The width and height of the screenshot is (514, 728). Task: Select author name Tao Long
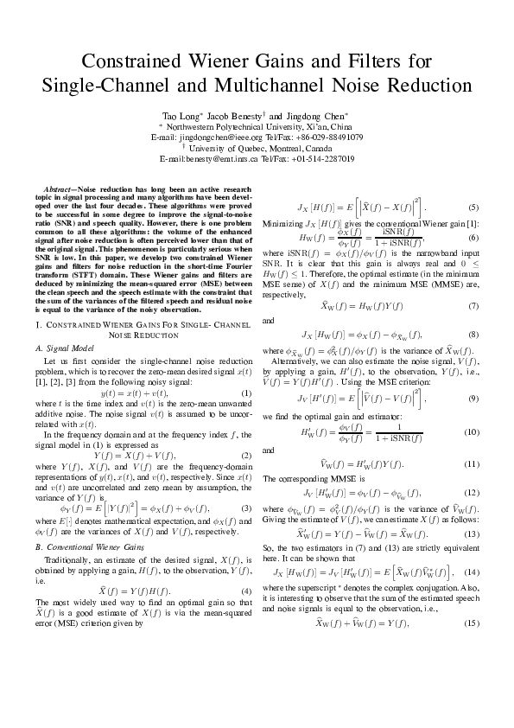click(x=181, y=115)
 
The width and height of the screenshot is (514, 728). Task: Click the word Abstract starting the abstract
click(x=61, y=188)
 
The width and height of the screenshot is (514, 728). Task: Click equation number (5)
click(x=473, y=207)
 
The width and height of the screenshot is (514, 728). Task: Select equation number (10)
click(x=472, y=431)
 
